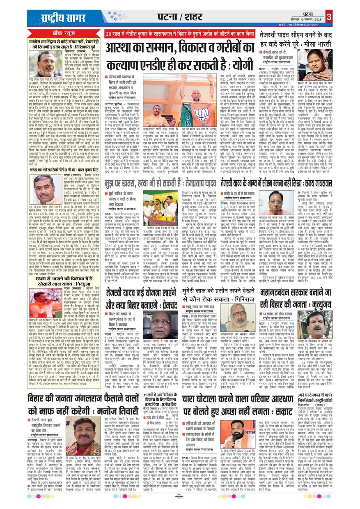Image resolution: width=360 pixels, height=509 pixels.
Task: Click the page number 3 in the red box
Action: point(329,17)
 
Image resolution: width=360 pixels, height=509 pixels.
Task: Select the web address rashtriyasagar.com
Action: point(301,25)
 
